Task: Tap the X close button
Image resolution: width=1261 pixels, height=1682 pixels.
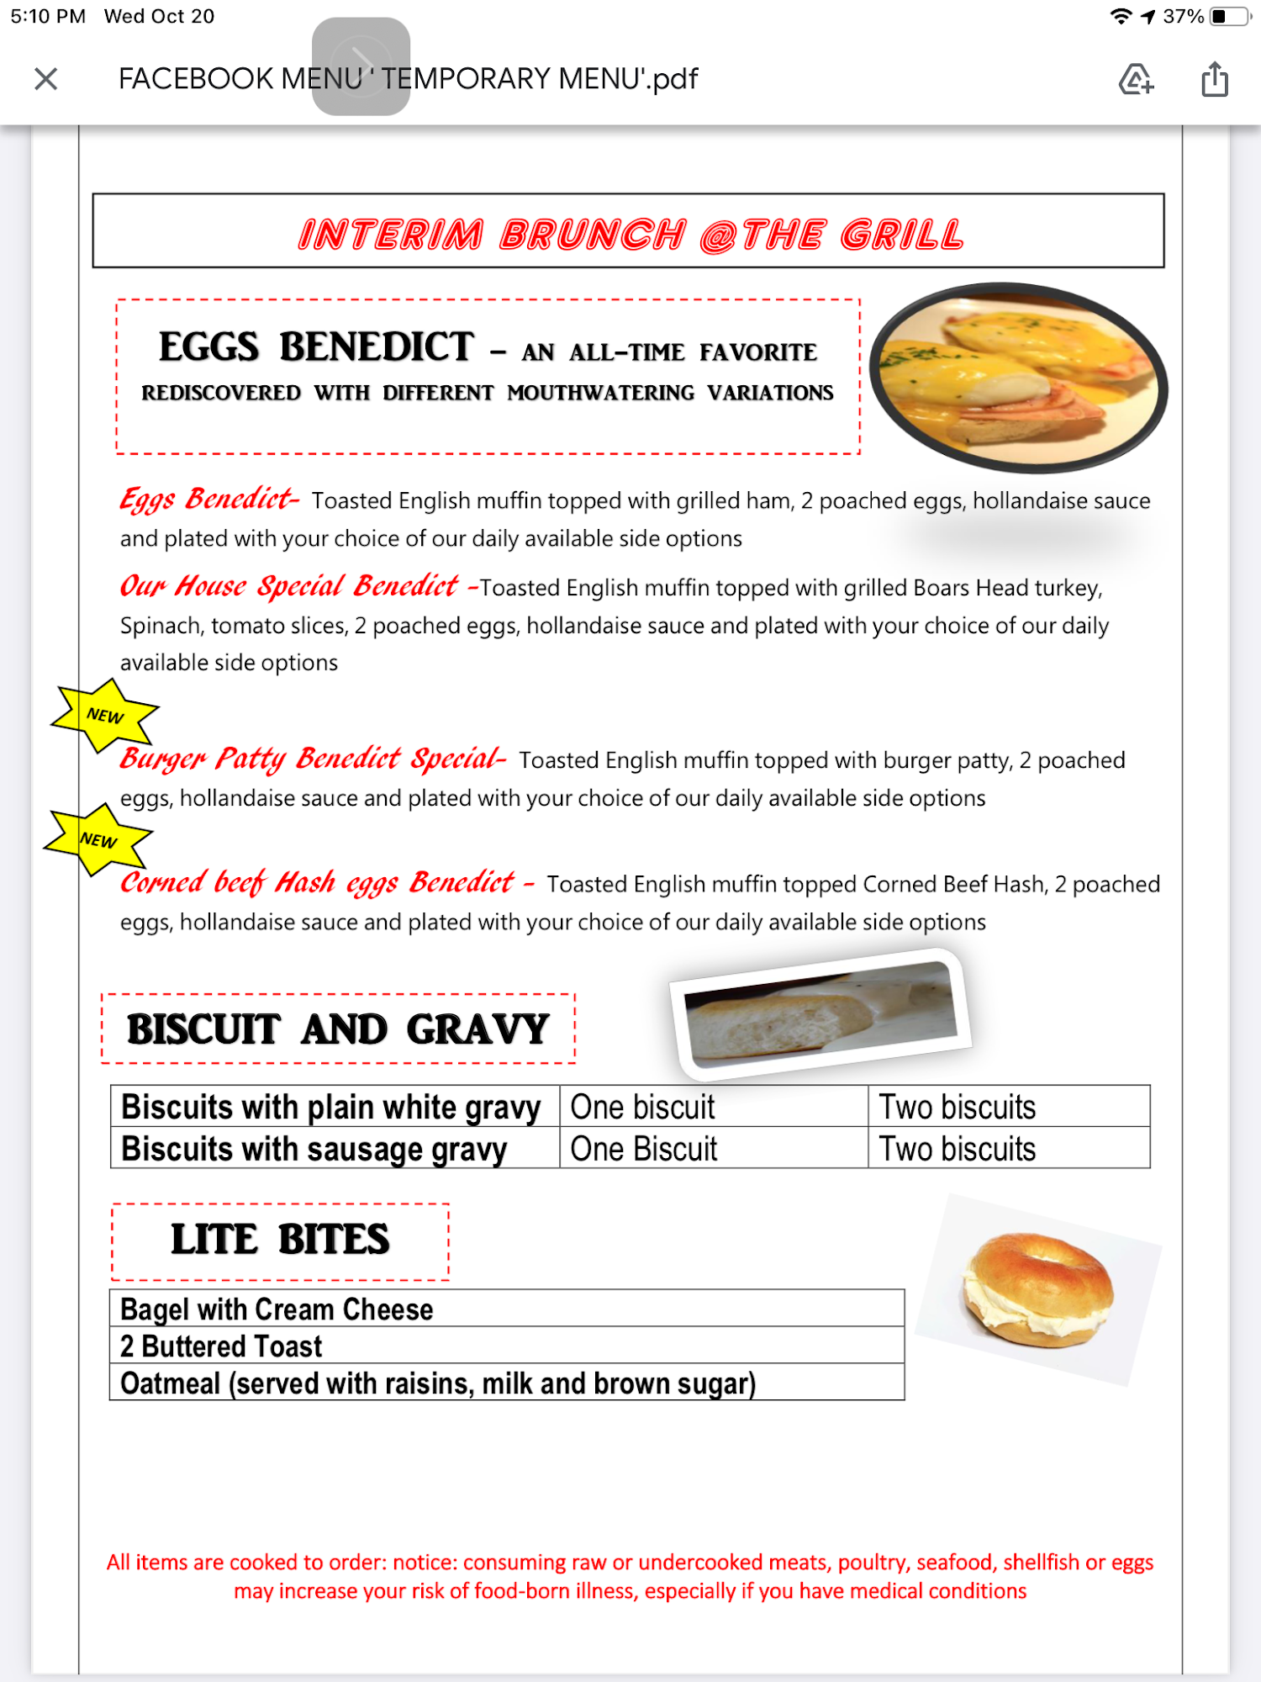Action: pos(46,79)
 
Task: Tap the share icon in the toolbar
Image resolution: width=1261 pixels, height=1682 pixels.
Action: pos(1214,79)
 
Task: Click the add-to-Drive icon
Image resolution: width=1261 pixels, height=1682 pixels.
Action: pos(1136,79)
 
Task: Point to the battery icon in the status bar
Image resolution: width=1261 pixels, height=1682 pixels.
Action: pos(1229,16)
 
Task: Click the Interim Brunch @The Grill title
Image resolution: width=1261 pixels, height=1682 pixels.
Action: pos(630,234)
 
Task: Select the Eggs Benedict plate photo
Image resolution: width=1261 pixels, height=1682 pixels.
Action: pos(1018,377)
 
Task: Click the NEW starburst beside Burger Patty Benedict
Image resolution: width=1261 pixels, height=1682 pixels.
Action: pos(105,716)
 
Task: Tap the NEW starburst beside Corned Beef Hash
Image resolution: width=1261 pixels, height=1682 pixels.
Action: pos(98,840)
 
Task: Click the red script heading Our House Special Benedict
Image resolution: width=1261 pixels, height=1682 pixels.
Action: pos(289,585)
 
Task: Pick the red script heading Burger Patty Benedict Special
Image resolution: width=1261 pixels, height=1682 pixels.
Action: pos(311,759)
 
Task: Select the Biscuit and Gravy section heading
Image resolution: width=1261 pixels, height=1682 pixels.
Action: pos(338,1029)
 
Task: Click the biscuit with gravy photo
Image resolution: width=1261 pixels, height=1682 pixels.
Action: pos(820,1014)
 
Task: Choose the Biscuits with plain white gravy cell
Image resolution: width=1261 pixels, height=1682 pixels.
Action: pos(331,1107)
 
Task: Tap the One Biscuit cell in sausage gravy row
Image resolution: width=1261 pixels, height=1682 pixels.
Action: pos(644,1149)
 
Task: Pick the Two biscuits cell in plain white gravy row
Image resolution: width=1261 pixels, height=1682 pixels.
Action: pos(958,1107)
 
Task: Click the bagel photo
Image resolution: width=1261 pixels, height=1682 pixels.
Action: pos(1038,1288)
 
